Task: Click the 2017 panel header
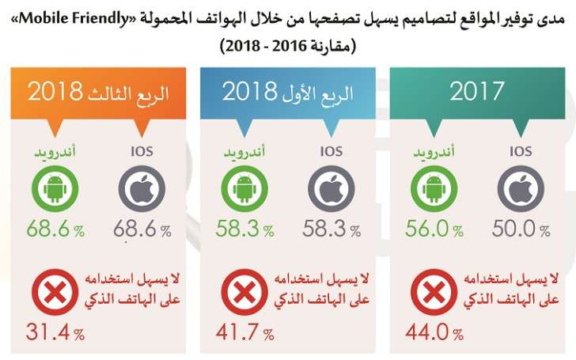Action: [477, 91]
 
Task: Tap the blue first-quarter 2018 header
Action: [287, 91]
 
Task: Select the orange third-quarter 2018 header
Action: [98, 91]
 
